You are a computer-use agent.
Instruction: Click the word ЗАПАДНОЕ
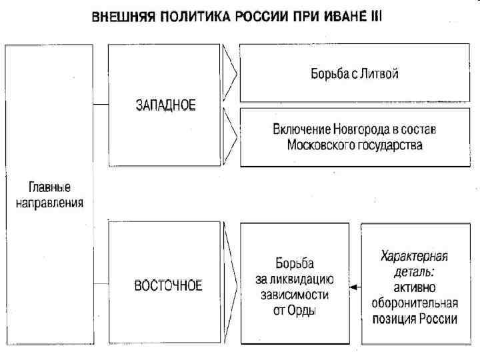click(x=165, y=105)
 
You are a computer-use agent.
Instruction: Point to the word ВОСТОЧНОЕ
click(x=168, y=285)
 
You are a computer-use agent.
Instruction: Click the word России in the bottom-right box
click(x=437, y=319)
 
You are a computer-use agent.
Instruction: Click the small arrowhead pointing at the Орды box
click(x=353, y=287)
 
